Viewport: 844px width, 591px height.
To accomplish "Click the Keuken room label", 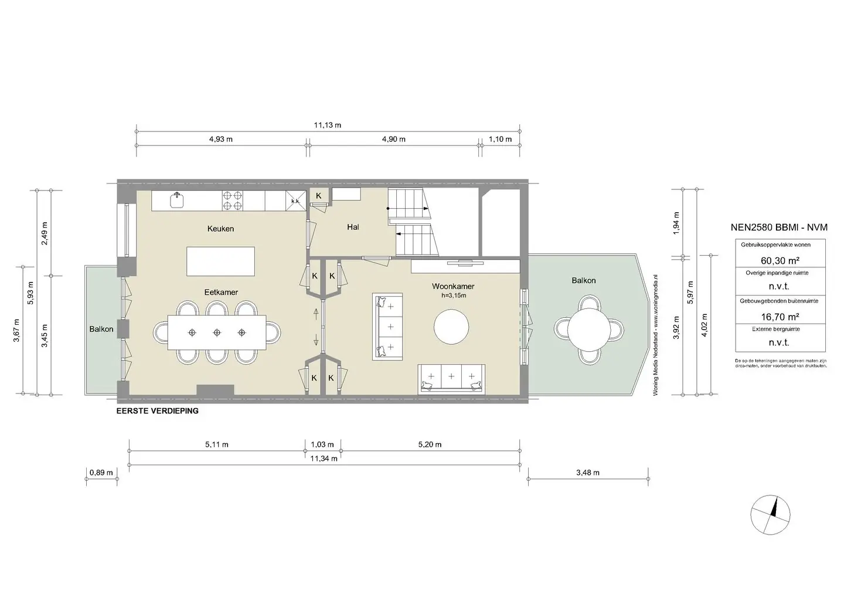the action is pos(220,229).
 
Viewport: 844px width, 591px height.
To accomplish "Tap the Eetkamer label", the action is pos(221,292).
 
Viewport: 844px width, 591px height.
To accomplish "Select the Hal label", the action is pos(353,227).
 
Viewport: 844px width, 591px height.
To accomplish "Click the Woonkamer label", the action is pos(453,287).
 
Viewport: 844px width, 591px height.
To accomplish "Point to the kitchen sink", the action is pos(177,200).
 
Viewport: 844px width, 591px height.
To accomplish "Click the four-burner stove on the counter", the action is pos(233,201).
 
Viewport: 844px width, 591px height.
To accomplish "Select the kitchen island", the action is pos(221,261).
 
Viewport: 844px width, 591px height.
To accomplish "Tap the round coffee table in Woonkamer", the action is pos(451,327).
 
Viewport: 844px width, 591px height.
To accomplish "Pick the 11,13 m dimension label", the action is pos(328,125).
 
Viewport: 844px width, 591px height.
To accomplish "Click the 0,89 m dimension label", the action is pos(101,473).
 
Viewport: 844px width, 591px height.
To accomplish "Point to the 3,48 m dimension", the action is pos(588,473).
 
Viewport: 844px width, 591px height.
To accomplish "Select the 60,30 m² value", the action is pos(780,260).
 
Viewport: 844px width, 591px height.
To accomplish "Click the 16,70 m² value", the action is pos(780,317).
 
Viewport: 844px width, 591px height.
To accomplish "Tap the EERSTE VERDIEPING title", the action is pos(158,411).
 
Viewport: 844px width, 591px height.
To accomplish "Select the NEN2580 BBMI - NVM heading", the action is pos(779,227).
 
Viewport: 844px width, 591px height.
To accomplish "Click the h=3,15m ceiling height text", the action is pos(454,295).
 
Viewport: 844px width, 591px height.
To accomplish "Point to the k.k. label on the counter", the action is pos(296,201).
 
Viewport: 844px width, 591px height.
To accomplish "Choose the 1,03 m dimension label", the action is pos(322,445).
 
